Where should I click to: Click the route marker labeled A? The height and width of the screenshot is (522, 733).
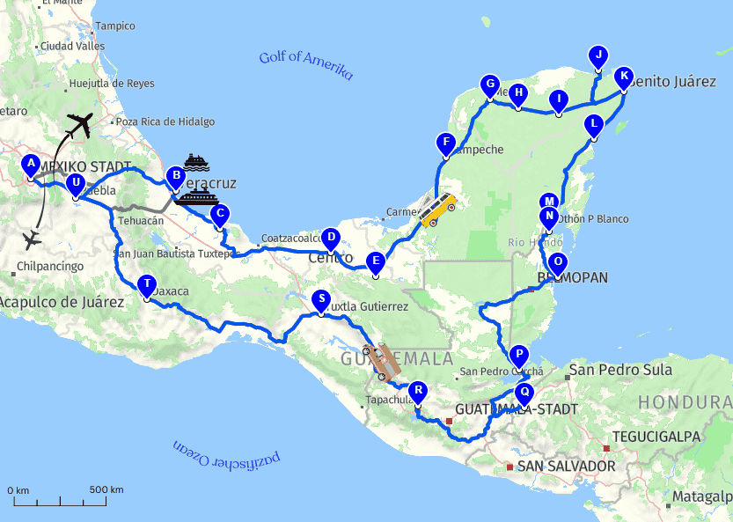(31, 165)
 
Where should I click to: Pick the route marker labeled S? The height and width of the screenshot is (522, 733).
(321, 299)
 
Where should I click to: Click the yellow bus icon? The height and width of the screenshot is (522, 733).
(437, 210)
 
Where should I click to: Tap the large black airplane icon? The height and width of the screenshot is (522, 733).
(78, 126)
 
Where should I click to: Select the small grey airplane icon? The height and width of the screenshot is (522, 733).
(33, 239)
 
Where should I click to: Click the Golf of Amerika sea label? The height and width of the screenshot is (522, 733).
(305, 64)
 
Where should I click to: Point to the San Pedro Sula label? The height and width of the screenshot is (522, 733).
(620, 371)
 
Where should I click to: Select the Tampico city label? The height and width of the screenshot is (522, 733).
(114, 26)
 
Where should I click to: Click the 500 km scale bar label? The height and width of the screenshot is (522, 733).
(106, 489)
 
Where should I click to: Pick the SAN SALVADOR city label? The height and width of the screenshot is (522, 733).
(566, 466)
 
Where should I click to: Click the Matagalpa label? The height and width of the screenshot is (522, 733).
(701, 497)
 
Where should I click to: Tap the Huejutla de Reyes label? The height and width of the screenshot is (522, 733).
(111, 84)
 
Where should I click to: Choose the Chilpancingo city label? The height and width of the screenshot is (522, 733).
(50, 266)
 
